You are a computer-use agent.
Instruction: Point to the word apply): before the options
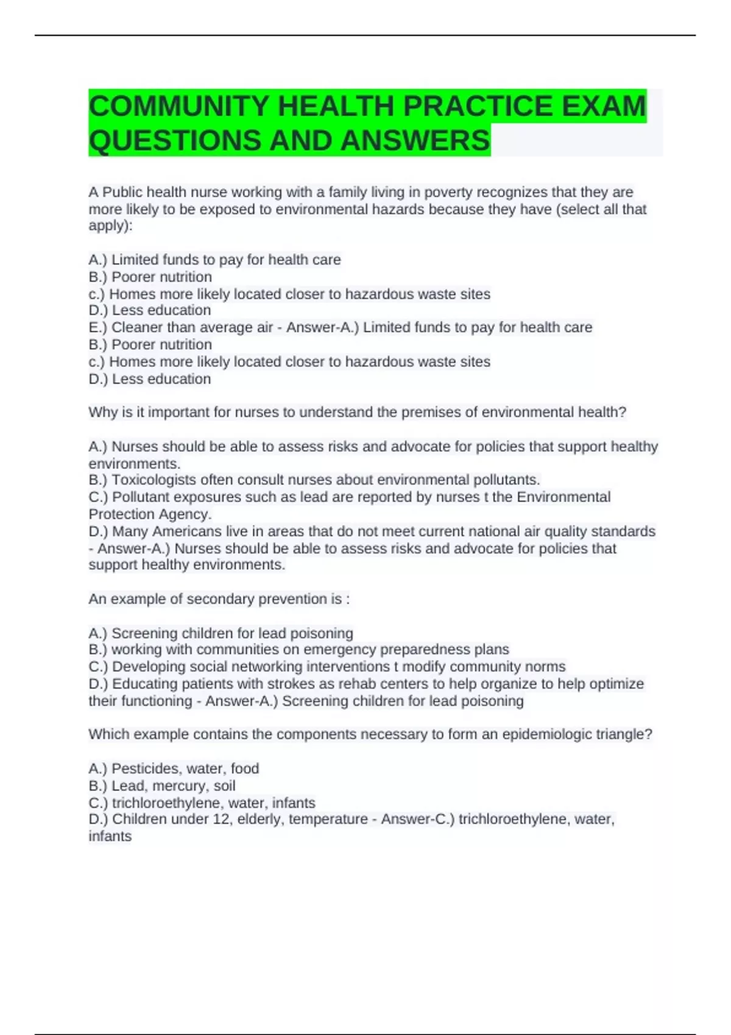[x=110, y=226]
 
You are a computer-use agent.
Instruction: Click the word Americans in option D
[x=183, y=532]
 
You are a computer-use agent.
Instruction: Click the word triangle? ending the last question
[x=629, y=734]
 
